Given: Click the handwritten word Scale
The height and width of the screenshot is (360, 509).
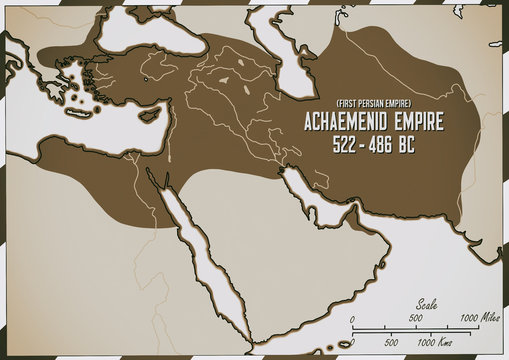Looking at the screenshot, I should coord(426,306).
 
